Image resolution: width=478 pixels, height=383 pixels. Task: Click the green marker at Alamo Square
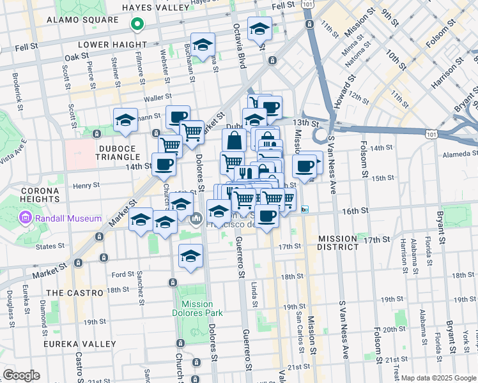click(136, 24)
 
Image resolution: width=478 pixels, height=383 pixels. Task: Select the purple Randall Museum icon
click(26, 218)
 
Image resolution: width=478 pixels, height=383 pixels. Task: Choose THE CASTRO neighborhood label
click(75, 292)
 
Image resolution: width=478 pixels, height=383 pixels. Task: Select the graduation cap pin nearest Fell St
click(259, 29)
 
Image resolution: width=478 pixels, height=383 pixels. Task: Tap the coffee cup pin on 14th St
click(164, 165)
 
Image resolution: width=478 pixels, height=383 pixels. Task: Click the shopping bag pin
click(235, 140)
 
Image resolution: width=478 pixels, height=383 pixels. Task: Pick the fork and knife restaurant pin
click(245, 173)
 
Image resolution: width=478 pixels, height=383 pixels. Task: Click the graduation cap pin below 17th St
click(190, 257)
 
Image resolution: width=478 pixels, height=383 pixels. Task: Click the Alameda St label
click(456, 153)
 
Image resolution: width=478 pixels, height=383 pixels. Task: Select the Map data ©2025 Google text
click(438, 378)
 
